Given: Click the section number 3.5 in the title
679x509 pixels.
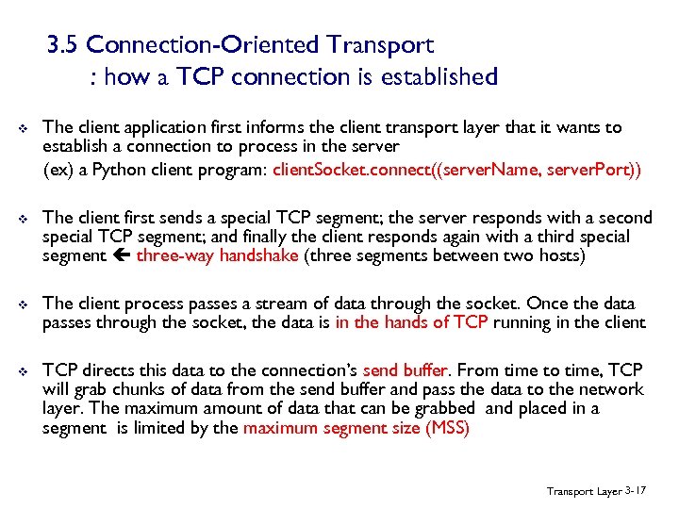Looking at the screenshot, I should [66, 44].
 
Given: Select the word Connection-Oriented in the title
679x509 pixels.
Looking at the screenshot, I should [205, 44].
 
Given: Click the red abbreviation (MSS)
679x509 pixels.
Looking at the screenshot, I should [447, 427].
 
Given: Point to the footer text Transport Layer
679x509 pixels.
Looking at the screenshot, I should [584, 491].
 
